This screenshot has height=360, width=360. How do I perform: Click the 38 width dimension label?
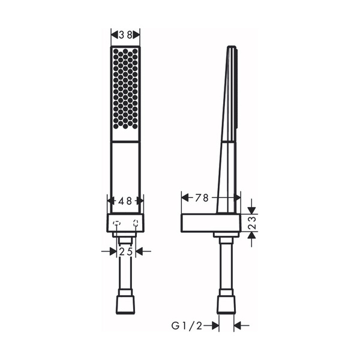pyautogui.click(x=125, y=35)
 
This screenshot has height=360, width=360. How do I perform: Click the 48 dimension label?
pyautogui.click(x=125, y=202)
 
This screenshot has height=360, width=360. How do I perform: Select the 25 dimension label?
pyautogui.click(x=125, y=251)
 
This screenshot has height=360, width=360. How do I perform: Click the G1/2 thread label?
pyautogui.click(x=186, y=325)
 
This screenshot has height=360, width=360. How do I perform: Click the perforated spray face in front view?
pyautogui.click(x=125, y=88)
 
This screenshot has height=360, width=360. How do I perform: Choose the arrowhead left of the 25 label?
pyautogui.click(x=112, y=251)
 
